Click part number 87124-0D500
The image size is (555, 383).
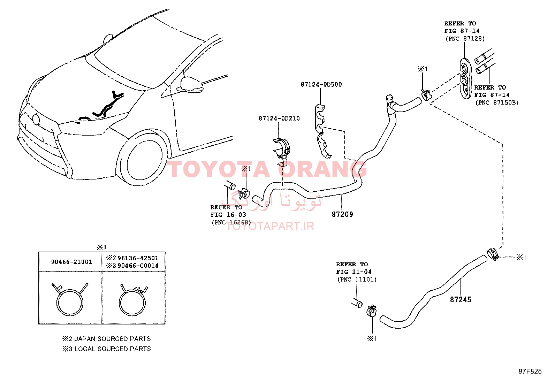tap(321, 84)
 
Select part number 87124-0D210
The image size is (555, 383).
tap(279, 118)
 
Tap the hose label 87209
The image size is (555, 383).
tap(342, 214)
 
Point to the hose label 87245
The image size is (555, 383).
tap(461, 299)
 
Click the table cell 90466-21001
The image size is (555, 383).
tap(71, 262)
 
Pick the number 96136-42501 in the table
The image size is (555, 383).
tap(138, 258)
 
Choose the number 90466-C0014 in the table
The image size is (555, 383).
tap(138, 266)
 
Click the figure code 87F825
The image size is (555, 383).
tap(530, 371)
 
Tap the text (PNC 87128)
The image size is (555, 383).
tap(465, 39)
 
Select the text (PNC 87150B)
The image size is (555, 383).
tap(497, 102)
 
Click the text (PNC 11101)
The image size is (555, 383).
tap(357, 279)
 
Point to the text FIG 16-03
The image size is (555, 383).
tap(228, 215)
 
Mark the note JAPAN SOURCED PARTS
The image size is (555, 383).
tap(113, 339)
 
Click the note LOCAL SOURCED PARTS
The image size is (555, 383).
tap(113, 349)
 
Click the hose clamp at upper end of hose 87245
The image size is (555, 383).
tap(493, 254)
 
